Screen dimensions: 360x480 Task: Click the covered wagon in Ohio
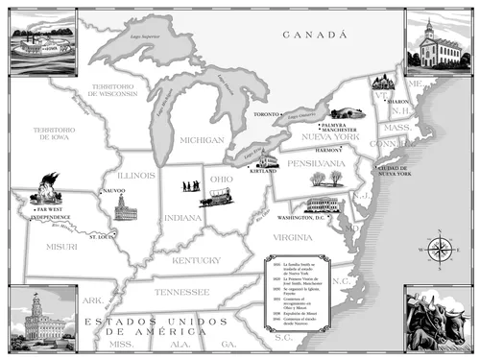point(215,198)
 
